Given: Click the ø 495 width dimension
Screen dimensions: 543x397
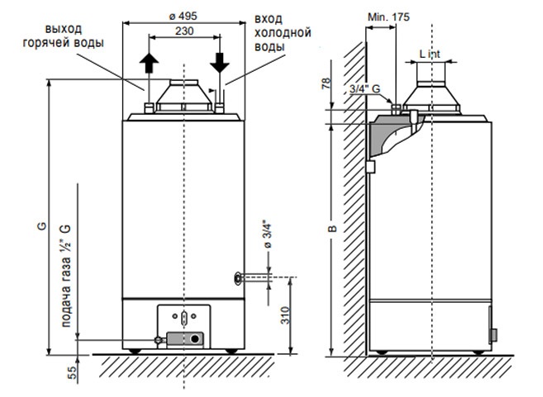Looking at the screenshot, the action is point(183,16).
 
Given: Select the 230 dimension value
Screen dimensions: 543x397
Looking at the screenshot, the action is point(184,31).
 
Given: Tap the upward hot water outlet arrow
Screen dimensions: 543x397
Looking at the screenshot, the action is point(149,63).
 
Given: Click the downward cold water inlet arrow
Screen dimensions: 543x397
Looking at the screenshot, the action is point(220,63).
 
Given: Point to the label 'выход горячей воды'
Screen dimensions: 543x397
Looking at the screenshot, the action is point(64,35).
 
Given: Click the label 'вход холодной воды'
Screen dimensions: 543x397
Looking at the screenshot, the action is point(283,33).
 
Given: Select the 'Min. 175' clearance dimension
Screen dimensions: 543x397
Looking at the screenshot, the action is point(388,17).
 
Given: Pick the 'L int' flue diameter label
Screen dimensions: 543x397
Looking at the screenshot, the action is point(430,54).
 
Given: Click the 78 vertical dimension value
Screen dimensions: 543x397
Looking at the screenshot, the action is point(326,83).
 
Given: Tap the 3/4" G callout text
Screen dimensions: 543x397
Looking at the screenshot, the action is point(364,89).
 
